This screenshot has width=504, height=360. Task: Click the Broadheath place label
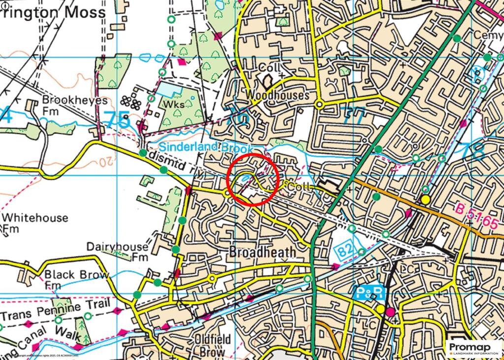point(263,252)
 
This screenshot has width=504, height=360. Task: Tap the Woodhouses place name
point(279,95)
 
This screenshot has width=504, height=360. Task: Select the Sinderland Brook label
point(206,147)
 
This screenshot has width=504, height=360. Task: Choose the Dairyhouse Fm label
point(117,251)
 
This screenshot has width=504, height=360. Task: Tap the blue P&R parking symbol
point(368,294)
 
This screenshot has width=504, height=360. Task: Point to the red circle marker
point(253,179)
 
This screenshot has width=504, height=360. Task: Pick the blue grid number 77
point(354,117)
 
